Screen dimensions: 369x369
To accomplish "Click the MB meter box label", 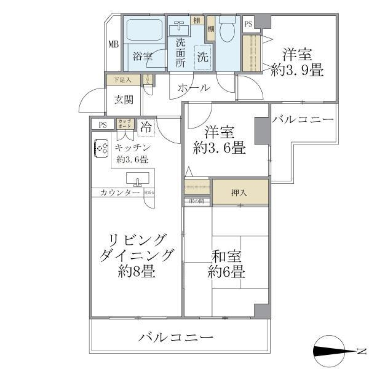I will [113, 44].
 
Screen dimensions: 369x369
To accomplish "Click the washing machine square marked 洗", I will [203, 57].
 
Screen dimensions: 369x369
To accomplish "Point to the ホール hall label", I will [194, 88].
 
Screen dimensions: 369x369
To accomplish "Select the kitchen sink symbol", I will [138, 179].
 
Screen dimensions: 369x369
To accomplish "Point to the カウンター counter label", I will [115, 193].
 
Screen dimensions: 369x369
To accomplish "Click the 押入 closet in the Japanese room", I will [239, 192].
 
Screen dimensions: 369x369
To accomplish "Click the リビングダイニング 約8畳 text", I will [136, 255].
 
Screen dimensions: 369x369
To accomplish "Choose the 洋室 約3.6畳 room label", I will [219, 140].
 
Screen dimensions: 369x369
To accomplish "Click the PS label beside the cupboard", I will [102, 125].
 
